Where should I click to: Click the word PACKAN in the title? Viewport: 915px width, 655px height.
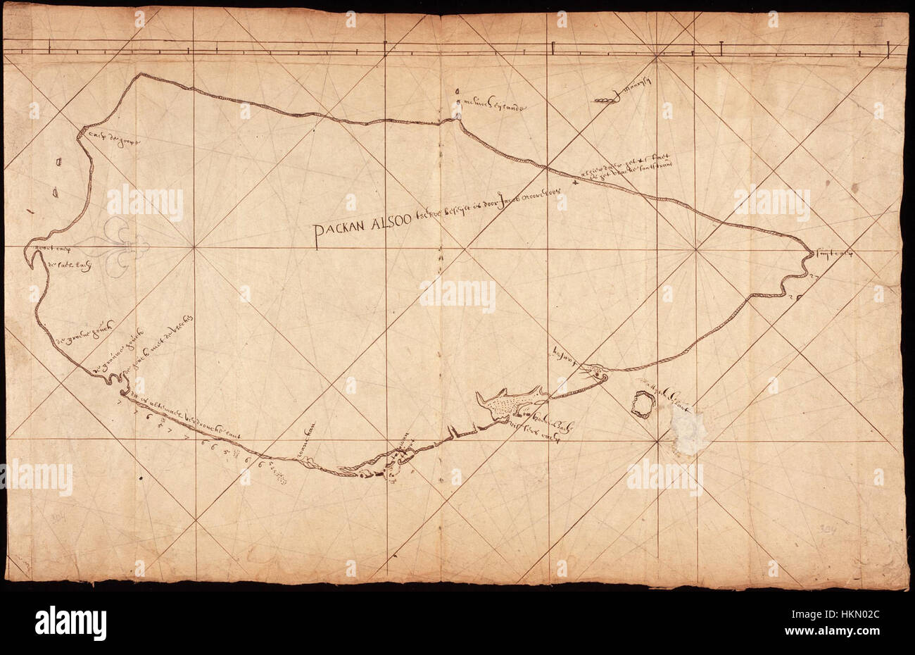(341, 230)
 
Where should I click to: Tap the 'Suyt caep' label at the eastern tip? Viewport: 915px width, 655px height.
(834, 254)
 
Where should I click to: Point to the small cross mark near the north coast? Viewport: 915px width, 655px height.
(576, 183)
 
